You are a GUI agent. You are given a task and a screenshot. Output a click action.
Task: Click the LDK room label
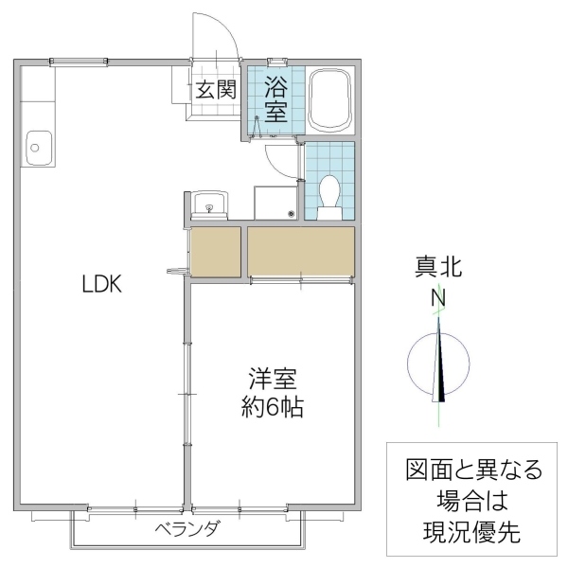click(x=99, y=284)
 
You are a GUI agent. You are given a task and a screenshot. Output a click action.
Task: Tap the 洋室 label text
click(x=273, y=381)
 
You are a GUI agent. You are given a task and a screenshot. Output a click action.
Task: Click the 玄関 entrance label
click(x=216, y=91)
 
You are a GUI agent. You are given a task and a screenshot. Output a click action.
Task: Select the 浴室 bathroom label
click(x=275, y=98)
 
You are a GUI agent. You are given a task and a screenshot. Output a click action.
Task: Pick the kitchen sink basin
click(x=37, y=147)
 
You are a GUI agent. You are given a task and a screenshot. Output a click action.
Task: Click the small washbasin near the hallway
click(x=208, y=203)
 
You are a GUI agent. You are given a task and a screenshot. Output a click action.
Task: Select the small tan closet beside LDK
click(x=215, y=251)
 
